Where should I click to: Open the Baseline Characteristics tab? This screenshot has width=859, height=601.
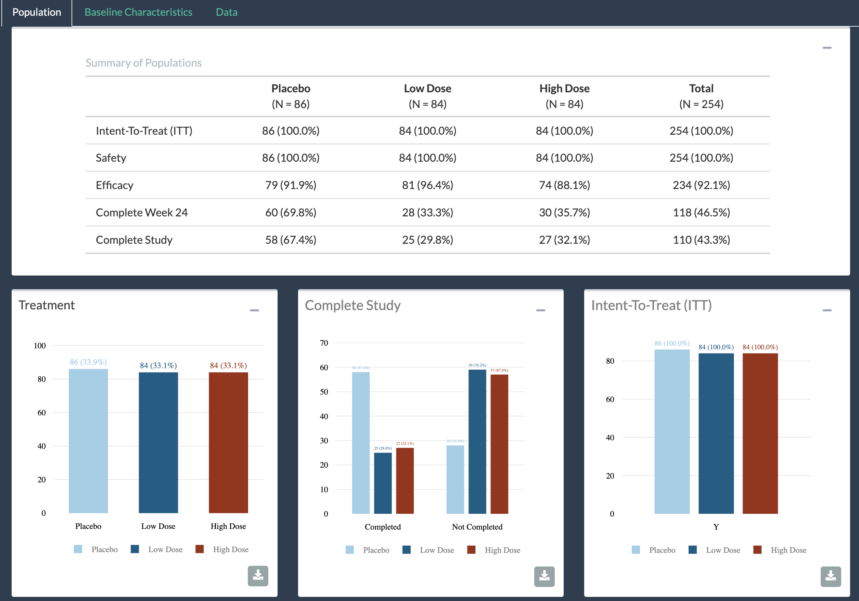[138, 12]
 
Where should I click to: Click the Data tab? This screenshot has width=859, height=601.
[226, 12]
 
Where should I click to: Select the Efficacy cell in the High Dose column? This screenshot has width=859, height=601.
[564, 185]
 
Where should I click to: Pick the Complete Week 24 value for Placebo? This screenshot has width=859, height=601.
[291, 212]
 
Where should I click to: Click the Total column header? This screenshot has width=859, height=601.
[701, 96]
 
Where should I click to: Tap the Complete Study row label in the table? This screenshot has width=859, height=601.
[134, 240]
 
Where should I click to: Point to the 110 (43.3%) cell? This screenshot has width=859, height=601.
[701, 240]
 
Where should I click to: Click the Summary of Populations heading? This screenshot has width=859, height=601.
[143, 63]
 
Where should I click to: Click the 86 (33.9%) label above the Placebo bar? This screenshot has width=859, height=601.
[88, 362]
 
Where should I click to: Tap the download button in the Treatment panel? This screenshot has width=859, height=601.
[258, 576]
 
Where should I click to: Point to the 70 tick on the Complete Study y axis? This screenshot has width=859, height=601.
[324, 343]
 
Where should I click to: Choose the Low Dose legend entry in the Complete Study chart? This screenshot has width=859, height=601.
[429, 550]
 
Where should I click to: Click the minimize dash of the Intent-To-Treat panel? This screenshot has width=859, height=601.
[827, 310]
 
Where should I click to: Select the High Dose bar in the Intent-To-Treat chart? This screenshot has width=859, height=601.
[760, 433]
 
